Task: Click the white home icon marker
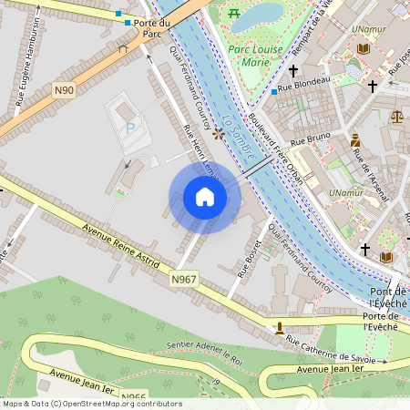pos(205,196)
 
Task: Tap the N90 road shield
pos(63,89)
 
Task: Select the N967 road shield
pos(184,279)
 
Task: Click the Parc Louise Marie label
pos(256,56)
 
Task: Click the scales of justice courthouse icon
pos(396,116)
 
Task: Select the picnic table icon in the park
pos(235,14)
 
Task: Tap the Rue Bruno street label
pos(310,141)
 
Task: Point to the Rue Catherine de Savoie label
pos(330,353)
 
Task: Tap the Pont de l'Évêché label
pos(389,295)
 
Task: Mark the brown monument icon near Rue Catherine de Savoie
pos(280,327)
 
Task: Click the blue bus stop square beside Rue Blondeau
pos(274,92)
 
